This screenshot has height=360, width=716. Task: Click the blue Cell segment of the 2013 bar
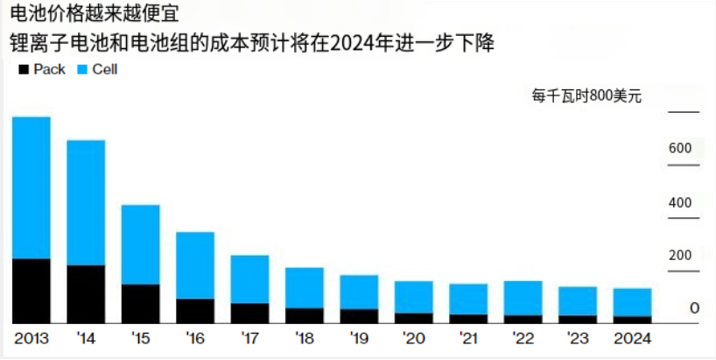pyautogui.click(x=32, y=187)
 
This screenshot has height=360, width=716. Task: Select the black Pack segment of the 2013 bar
pyautogui.click(x=32, y=291)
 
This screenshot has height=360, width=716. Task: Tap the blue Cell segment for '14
pyautogui.click(x=86, y=202)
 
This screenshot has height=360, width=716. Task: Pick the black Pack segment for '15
pyautogui.click(x=140, y=303)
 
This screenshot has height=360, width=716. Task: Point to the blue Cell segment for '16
pyautogui.click(x=195, y=265)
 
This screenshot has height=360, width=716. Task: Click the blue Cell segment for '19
pyautogui.click(x=359, y=292)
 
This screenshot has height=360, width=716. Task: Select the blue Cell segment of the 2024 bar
pyautogui.click(x=631, y=302)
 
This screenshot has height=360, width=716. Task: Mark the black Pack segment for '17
pyautogui.click(x=249, y=314)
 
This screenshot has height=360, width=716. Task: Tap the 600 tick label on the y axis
pyautogui.click(x=680, y=148)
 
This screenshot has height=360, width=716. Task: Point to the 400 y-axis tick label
pyautogui.click(x=680, y=202)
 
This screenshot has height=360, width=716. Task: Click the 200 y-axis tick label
pyautogui.click(x=680, y=256)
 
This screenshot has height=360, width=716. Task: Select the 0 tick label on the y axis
pyautogui.click(x=693, y=309)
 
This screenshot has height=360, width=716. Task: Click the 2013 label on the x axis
pyautogui.click(x=32, y=338)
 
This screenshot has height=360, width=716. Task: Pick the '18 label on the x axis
pyautogui.click(x=305, y=338)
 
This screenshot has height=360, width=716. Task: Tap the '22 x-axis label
pyautogui.click(x=523, y=338)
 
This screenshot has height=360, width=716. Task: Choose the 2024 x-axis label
pyautogui.click(x=631, y=338)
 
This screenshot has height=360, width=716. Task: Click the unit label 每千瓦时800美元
pyautogui.click(x=586, y=96)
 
